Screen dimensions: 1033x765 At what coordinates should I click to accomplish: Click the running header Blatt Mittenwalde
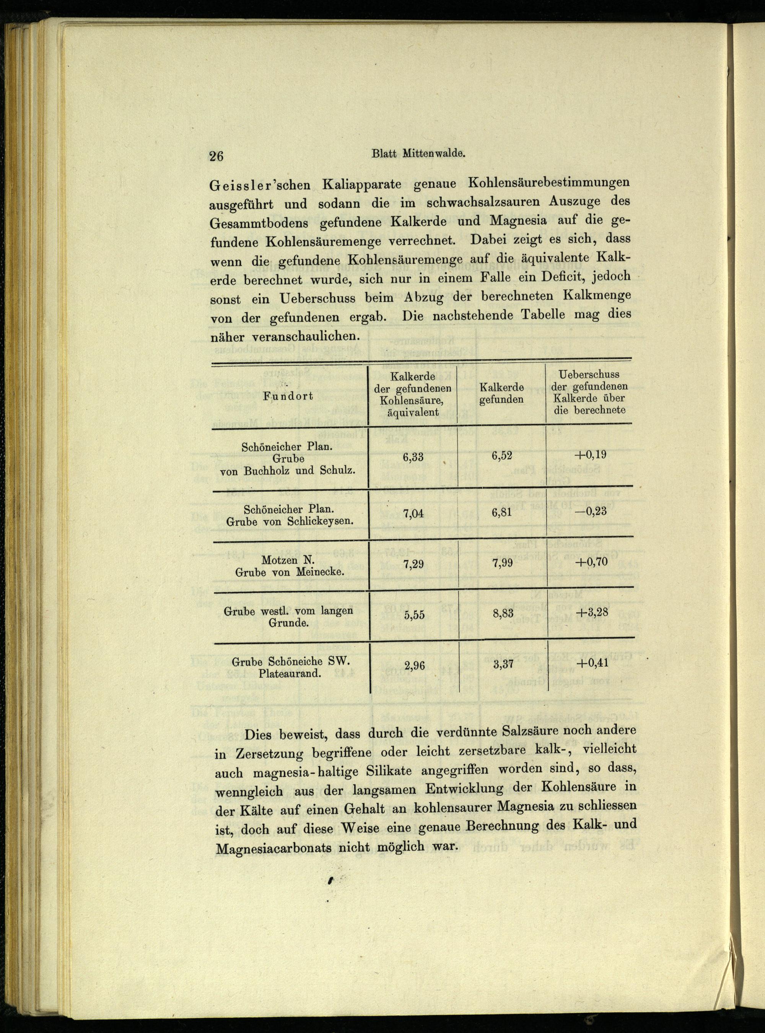(x=418, y=154)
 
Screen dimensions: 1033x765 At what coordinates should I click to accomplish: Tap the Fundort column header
(x=288, y=396)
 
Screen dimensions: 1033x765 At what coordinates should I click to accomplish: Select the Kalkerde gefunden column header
(x=501, y=393)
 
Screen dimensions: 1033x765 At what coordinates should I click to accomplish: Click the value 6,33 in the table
(x=413, y=458)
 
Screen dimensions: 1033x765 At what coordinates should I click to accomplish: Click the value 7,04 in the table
(x=413, y=512)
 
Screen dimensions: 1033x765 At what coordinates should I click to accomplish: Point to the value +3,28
(x=591, y=613)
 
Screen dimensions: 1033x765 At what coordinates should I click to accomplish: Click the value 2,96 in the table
(x=415, y=666)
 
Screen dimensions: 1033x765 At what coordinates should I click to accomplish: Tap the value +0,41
(x=591, y=663)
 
